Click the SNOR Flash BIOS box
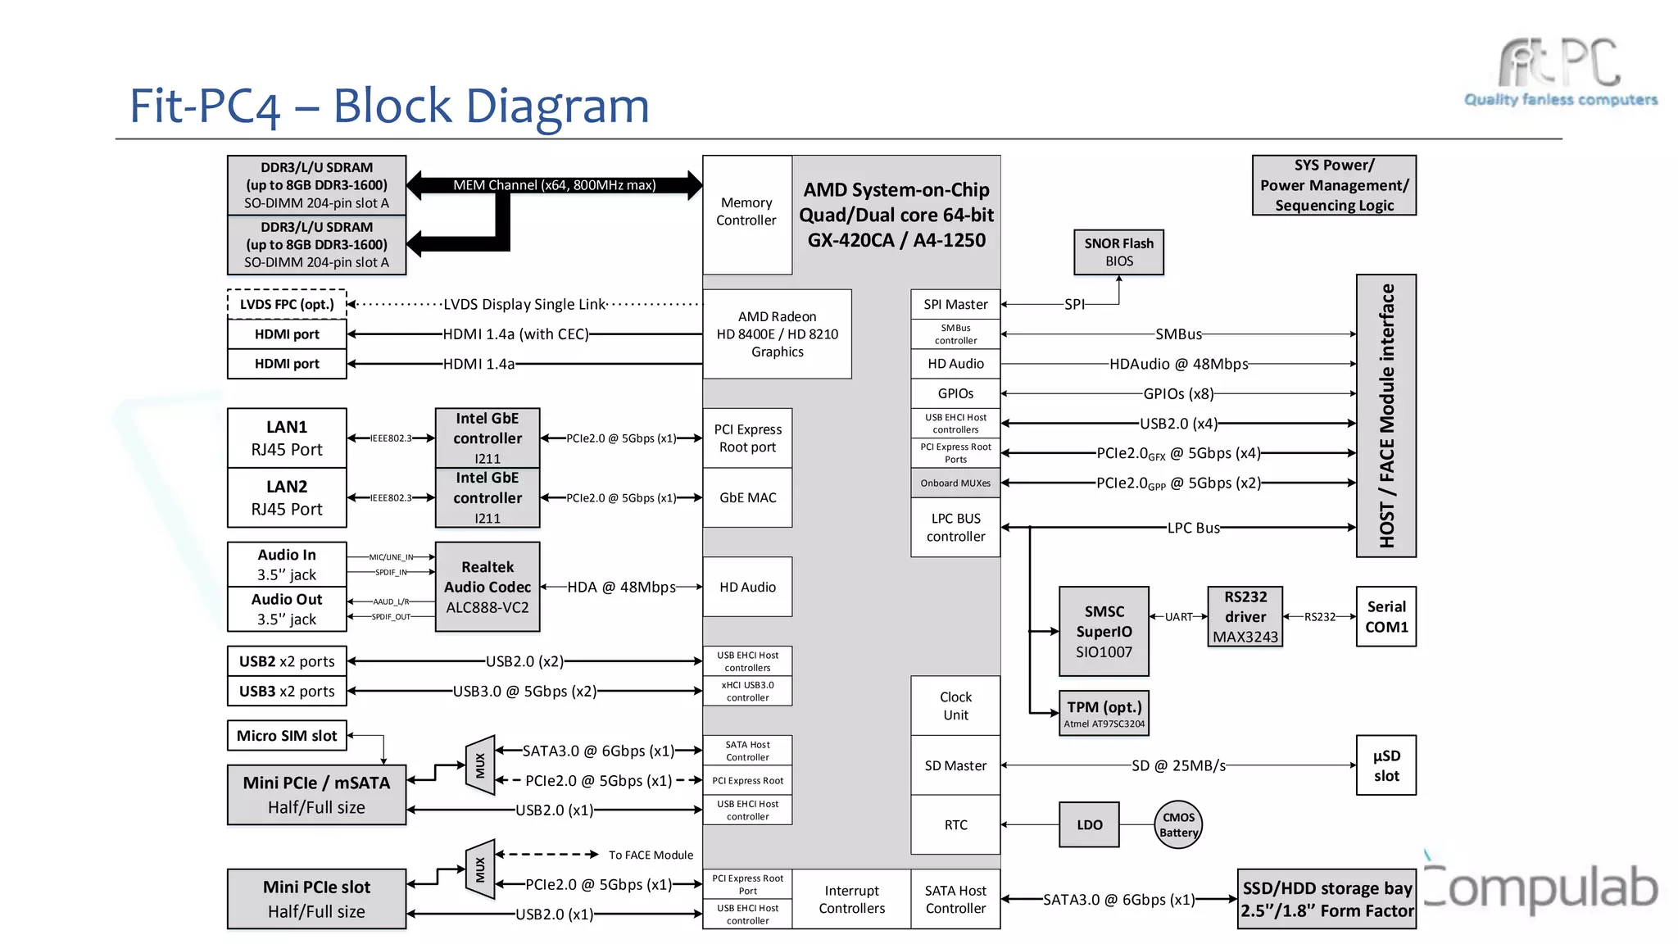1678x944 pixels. click(1118, 252)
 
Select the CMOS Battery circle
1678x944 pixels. click(1178, 824)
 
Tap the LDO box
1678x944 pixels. click(1089, 824)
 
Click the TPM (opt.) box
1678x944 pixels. click(1104, 713)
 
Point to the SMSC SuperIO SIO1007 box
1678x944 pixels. click(1104, 631)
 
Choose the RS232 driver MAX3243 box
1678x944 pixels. click(1245, 616)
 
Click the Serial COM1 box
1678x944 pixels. click(1385, 616)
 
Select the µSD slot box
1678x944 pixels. click(1385, 765)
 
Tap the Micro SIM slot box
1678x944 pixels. click(287, 735)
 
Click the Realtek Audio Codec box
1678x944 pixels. click(488, 587)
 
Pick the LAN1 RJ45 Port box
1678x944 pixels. click(287, 438)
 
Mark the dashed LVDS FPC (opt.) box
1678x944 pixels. click(287, 304)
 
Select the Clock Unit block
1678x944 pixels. click(955, 706)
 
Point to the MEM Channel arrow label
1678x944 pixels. click(555, 185)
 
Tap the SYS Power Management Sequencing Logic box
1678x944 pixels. click(1334, 185)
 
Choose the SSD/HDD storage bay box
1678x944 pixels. click(1327, 899)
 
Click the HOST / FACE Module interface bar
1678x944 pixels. click(1385, 415)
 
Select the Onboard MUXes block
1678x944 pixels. click(955, 483)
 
